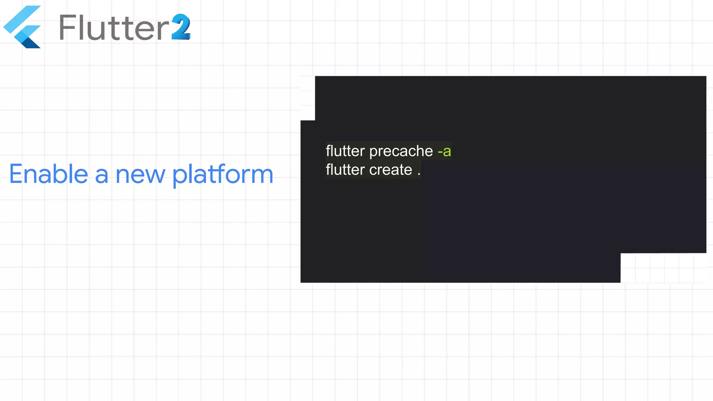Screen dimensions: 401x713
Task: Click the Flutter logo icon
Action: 23,27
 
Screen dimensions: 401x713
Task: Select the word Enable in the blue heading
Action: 48,174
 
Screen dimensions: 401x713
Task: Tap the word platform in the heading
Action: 222,175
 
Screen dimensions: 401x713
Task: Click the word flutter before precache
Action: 345,151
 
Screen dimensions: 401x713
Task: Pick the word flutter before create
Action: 345,170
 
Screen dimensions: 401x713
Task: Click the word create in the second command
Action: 391,170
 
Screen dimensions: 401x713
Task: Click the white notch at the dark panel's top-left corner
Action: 308,98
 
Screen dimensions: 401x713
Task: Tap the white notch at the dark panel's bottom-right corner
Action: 663,268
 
